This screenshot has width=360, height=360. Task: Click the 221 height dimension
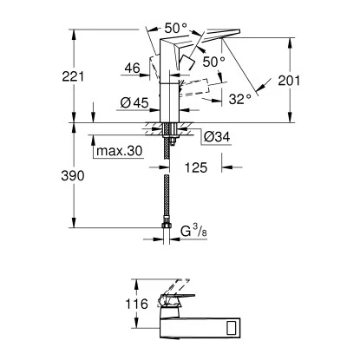tap(73, 76)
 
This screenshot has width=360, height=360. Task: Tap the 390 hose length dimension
tap(73, 176)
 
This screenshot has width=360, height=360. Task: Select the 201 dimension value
tap(289, 81)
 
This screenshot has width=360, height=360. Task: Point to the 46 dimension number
tap(133, 69)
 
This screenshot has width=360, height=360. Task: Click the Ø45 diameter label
tap(134, 102)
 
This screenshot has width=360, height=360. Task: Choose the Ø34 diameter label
tap(217, 136)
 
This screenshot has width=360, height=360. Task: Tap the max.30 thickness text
tap(120, 151)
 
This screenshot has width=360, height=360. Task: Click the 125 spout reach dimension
tap(196, 167)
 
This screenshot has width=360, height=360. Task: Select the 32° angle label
tap(239, 99)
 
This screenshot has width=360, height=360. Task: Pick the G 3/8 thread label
tap(193, 232)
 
